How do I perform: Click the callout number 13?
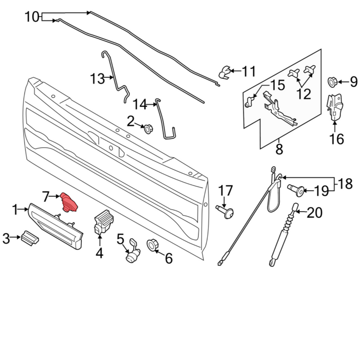(x=97, y=79)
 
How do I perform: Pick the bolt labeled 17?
(x=226, y=211)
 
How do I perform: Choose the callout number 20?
(x=315, y=212)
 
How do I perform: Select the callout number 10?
(x=32, y=18)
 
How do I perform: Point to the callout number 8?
(x=279, y=149)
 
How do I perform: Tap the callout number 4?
(x=99, y=253)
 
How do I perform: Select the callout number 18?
(x=345, y=184)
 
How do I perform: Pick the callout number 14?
(x=140, y=104)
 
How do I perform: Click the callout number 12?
(x=304, y=94)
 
